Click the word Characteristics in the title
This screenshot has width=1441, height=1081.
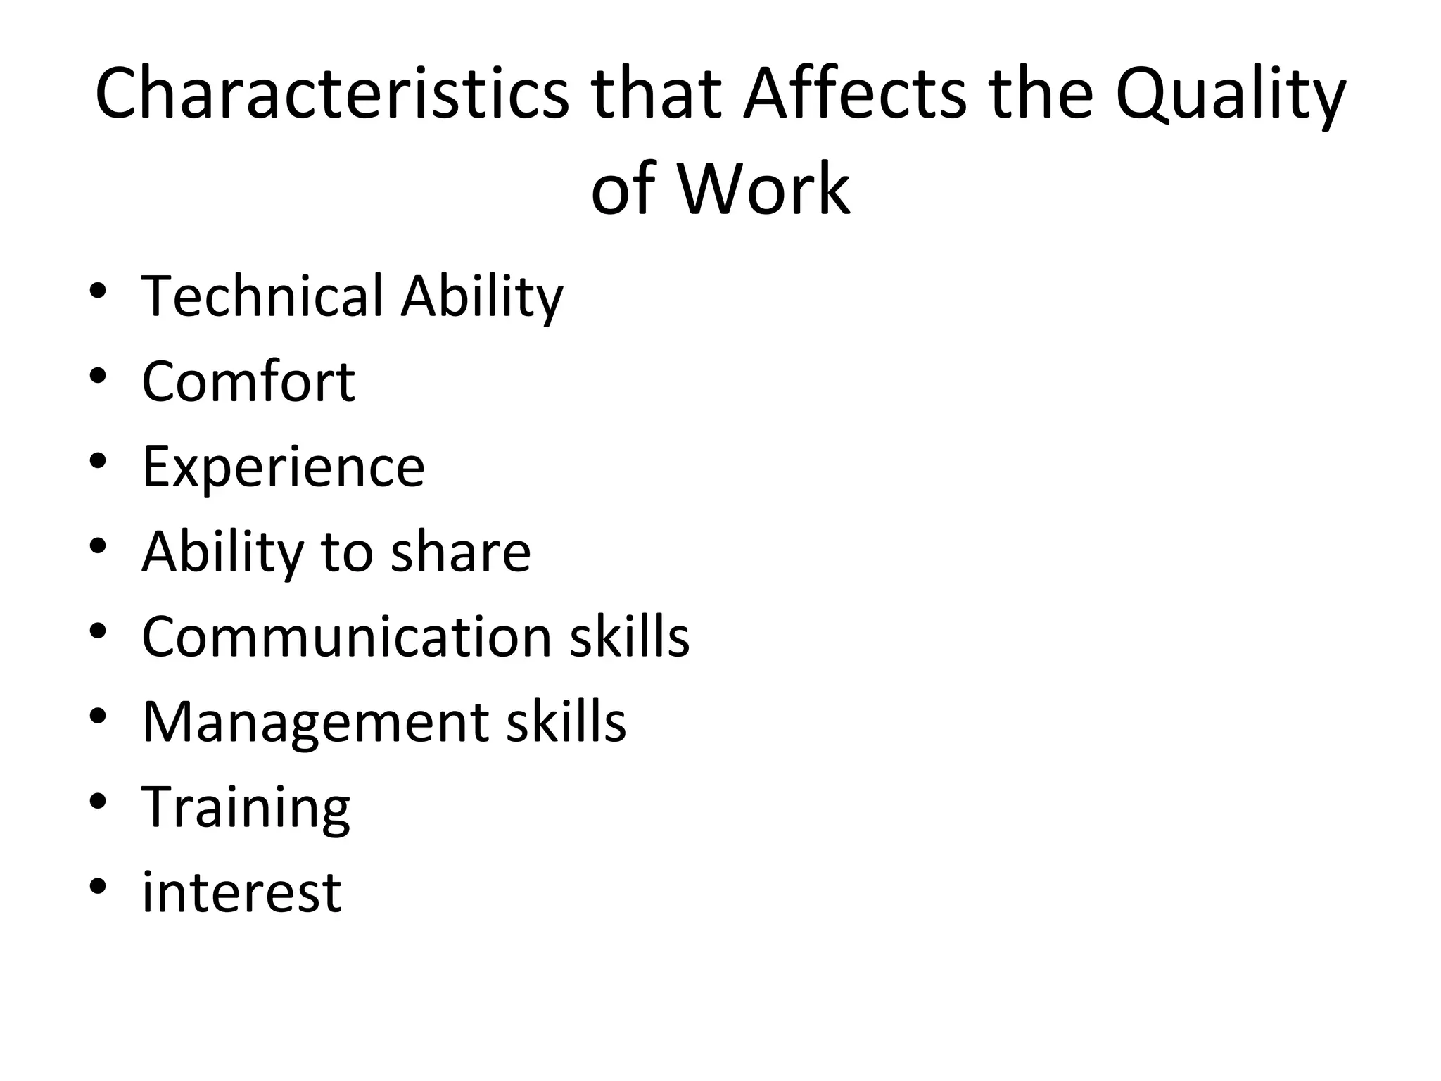pyautogui.click(x=331, y=94)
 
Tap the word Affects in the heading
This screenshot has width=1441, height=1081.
pyautogui.click(x=855, y=94)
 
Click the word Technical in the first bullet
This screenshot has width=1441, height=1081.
pyautogui.click(x=262, y=296)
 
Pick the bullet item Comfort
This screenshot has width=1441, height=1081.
pyautogui.click(x=248, y=381)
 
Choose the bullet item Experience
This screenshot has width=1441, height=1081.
pyautogui.click(x=283, y=467)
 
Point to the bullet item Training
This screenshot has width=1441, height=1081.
pyautogui.click(x=246, y=808)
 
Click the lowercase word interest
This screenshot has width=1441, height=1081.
pyautogui.click(x=241, y=892)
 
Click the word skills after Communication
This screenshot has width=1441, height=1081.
pyautogui.click(x=629, y=636)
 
